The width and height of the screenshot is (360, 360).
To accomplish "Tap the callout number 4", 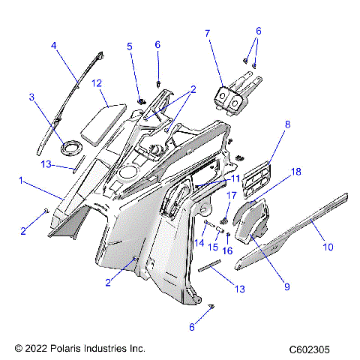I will click(54, 46).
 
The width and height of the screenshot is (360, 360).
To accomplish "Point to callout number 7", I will click(208, 33).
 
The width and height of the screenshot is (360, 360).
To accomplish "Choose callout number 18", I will click(296, 193).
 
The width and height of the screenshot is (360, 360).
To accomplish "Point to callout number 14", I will click(199, 242).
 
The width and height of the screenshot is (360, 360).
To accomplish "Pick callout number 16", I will click(229, 250).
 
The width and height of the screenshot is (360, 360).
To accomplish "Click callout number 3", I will click(32, 97).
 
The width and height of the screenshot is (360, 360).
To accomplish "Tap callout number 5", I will click(130, 46).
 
